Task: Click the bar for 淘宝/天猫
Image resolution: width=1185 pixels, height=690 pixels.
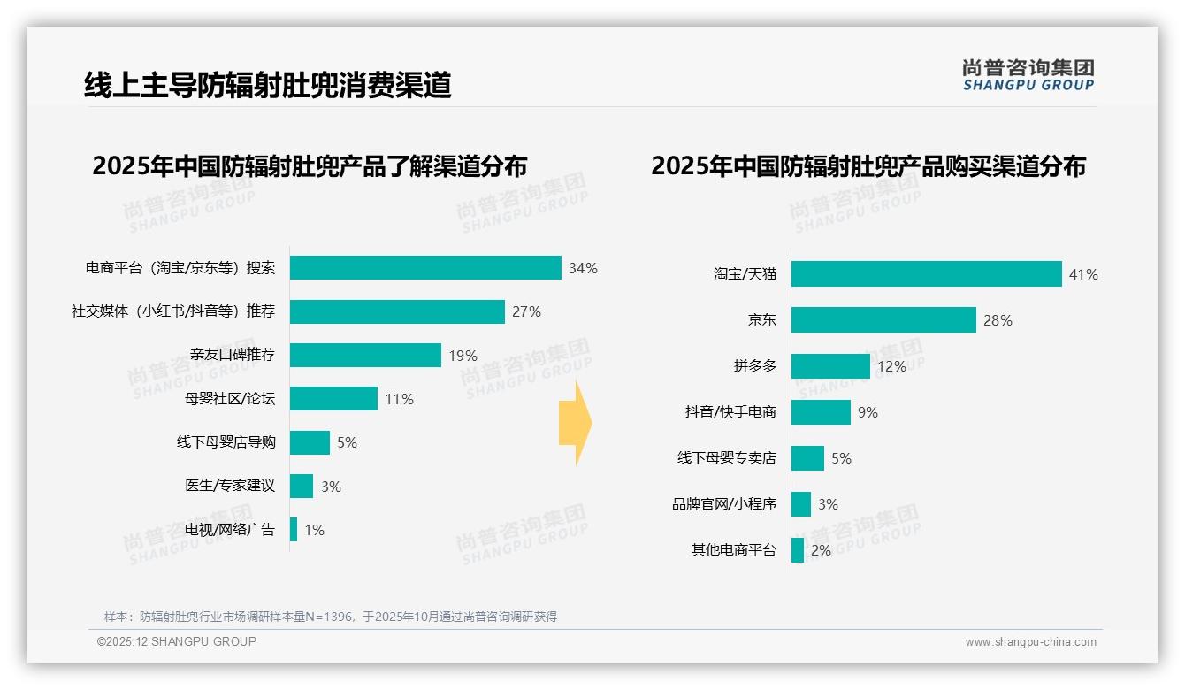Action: (x=926, y=274)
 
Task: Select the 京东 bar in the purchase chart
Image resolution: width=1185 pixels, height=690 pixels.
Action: (x=883, y=320)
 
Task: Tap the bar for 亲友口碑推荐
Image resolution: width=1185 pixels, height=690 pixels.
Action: (x=365, y=355)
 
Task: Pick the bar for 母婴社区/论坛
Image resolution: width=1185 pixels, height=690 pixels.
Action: (x=333, y=399)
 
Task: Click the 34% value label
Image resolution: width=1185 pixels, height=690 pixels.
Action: (x=583, y=268)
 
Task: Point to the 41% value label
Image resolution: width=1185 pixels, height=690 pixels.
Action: (x=1083, y=275)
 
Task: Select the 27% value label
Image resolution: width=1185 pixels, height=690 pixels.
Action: (x=526, y=311)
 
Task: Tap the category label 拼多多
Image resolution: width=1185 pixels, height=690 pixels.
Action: (x=754, y=366)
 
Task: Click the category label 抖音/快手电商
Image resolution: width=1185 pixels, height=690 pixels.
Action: (x=730, y=412)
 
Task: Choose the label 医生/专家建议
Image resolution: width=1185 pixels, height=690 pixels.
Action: (x=230, y=487)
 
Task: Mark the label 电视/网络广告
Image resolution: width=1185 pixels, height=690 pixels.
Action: (x=230, y=530)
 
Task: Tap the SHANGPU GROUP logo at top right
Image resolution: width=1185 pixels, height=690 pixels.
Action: (x=1028, y=75)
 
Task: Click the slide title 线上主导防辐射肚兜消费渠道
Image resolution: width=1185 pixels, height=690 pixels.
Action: (x=267, y=85)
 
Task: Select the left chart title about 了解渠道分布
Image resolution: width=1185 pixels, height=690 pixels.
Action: (x=310, y=166)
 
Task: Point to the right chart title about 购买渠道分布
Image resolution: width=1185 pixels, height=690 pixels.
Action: (x=868, y=166)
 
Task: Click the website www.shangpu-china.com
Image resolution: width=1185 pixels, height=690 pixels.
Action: (x=1030, y=642)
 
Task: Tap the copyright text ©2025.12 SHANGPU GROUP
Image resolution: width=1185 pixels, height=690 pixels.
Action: (x=177, y=641)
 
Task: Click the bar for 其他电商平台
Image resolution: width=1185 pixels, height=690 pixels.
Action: (x=798, y=550)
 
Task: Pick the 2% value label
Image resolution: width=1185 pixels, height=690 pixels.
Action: (x=821, y=550)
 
